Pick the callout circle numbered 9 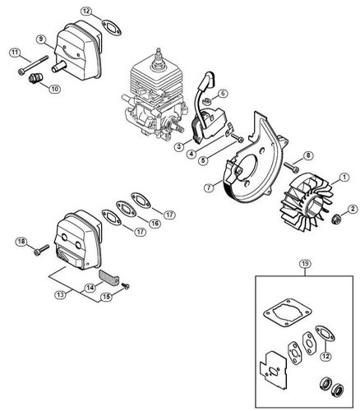point(40,39)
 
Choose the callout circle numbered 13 point(58,293)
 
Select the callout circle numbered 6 point(223,94)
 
